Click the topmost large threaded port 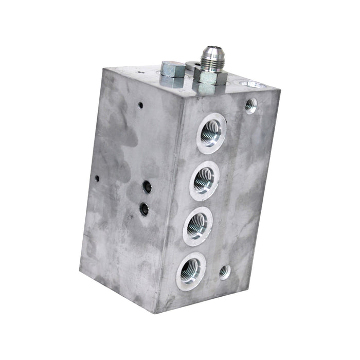click(x=211, y=133)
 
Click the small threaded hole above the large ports click(x=250, y=105)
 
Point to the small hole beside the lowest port click(x=224, y=271)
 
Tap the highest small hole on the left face click(x=140, y=105)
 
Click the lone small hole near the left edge click(x=97, y=178)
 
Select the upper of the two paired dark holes click(x=148, y=187)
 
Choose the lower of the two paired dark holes click(x=145, y=209)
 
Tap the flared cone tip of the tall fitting click(x=210, y=51)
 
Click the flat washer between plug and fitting click(x=191, y=66)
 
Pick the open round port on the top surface click(x=251, y=84)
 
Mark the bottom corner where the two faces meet click(x=158, y=312)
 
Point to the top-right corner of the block click(x=280, y=91)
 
